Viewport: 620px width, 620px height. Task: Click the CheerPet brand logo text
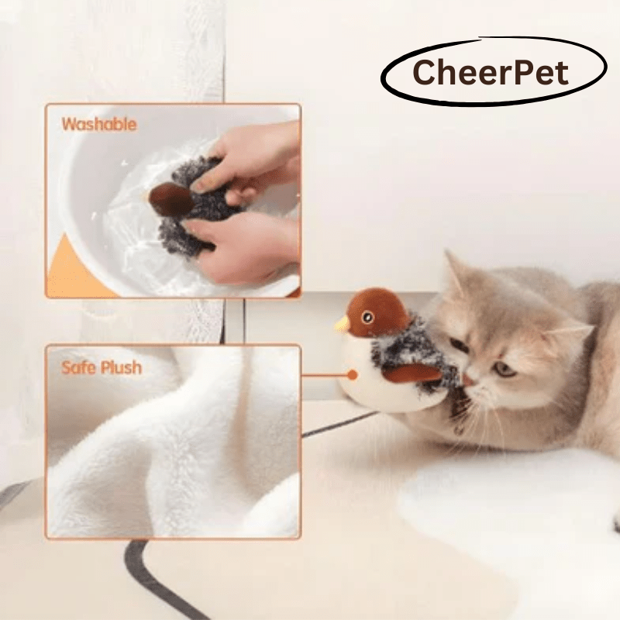coord(491,74)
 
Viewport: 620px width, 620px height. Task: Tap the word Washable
coord(99,124)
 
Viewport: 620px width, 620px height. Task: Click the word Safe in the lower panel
coord(81,367)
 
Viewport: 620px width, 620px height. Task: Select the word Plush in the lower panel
coord(122,367)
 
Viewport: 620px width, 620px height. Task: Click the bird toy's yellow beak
coord(341,324)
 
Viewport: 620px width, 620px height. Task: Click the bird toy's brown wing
coord(411,374)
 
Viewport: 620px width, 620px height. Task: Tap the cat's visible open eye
coord(505,369)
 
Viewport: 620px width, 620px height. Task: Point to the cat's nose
coord(470,381)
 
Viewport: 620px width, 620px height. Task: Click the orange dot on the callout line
coord(353,374)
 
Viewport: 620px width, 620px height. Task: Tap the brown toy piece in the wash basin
coord(170,200)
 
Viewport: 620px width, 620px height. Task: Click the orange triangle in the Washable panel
coord(70,271)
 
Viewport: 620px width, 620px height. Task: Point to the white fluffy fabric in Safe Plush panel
coord(178,457)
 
